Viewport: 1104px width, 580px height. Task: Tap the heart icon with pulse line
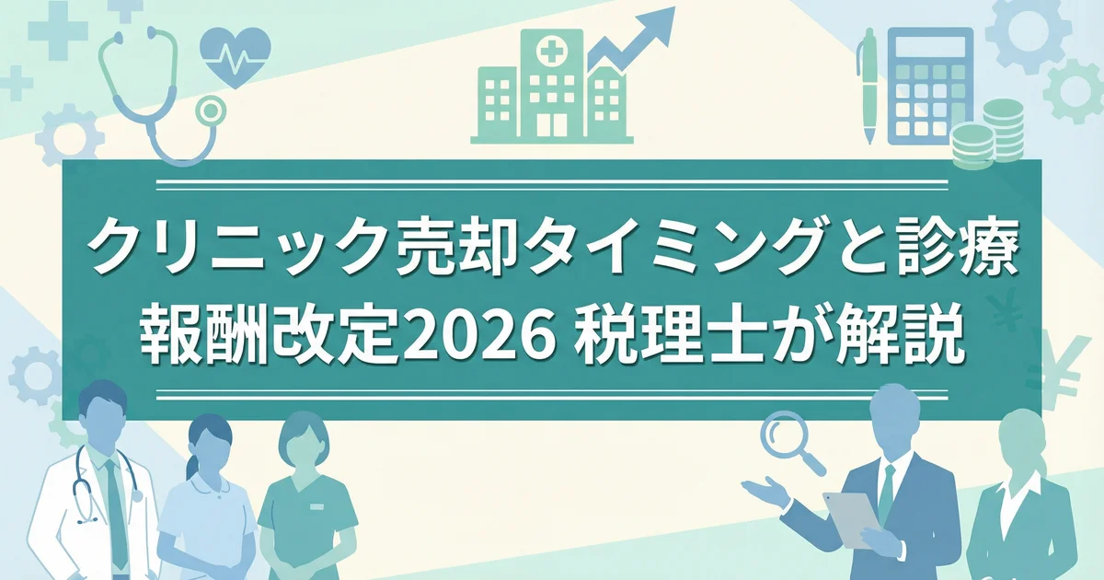(x=236, y=55)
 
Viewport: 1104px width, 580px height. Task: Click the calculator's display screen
(x=929, y=48)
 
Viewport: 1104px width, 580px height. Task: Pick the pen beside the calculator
(x=868, y=87)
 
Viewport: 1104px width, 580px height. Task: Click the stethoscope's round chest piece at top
(x=211, y=112)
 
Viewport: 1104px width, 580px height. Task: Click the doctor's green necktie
(x=116, y=513)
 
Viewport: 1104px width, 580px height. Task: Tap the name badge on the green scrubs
(x=316, y=506)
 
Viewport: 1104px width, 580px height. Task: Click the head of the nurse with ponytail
(x=209, y=444)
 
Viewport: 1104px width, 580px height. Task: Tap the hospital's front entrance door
(x=551, y=126)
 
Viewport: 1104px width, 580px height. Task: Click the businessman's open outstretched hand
(x=763, y=488)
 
